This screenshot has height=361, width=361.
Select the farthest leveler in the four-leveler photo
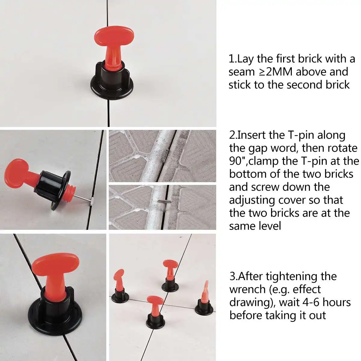pyautogui.click(x=170, y=276)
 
